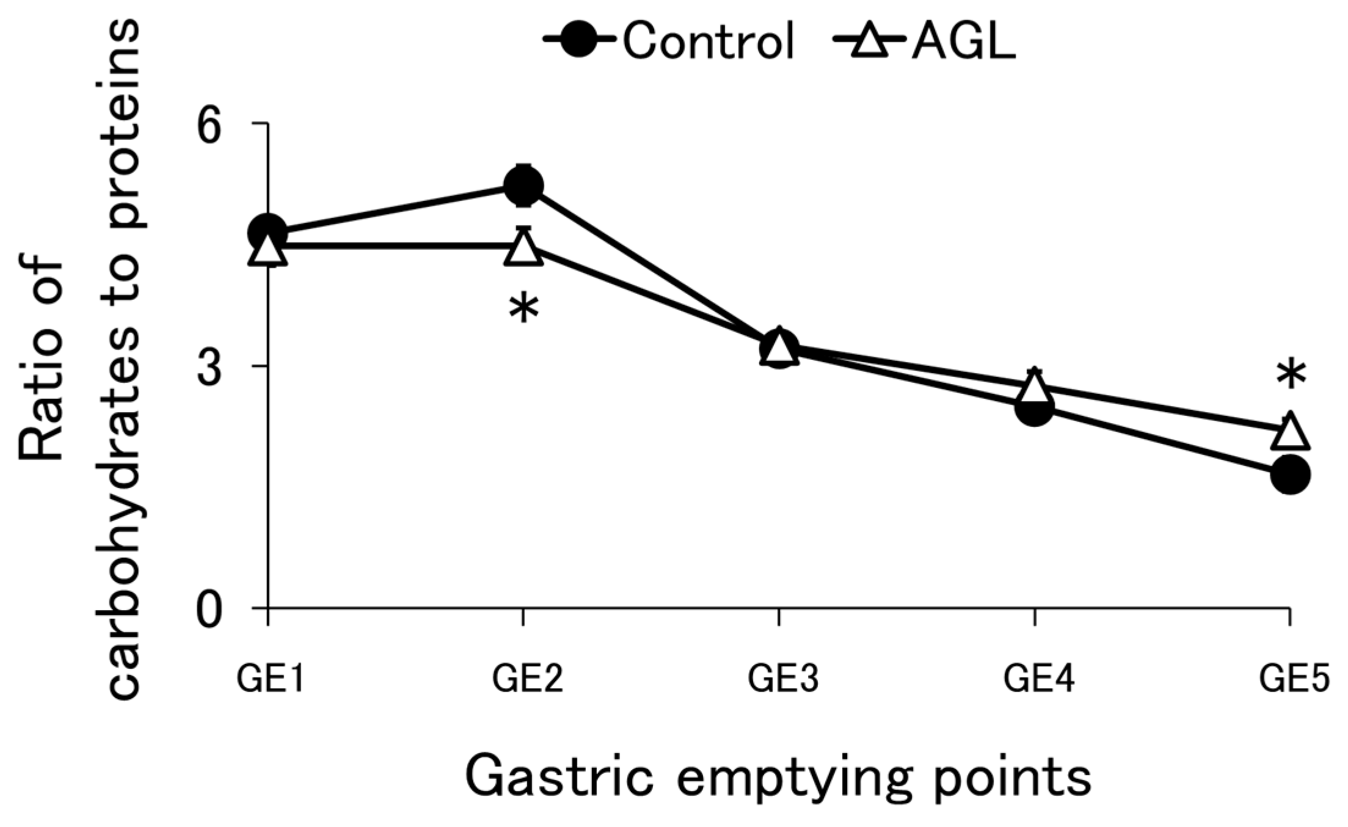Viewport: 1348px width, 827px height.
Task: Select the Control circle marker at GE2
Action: (523, 185)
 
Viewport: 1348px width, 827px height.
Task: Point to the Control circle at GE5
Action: (1290, 475)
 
